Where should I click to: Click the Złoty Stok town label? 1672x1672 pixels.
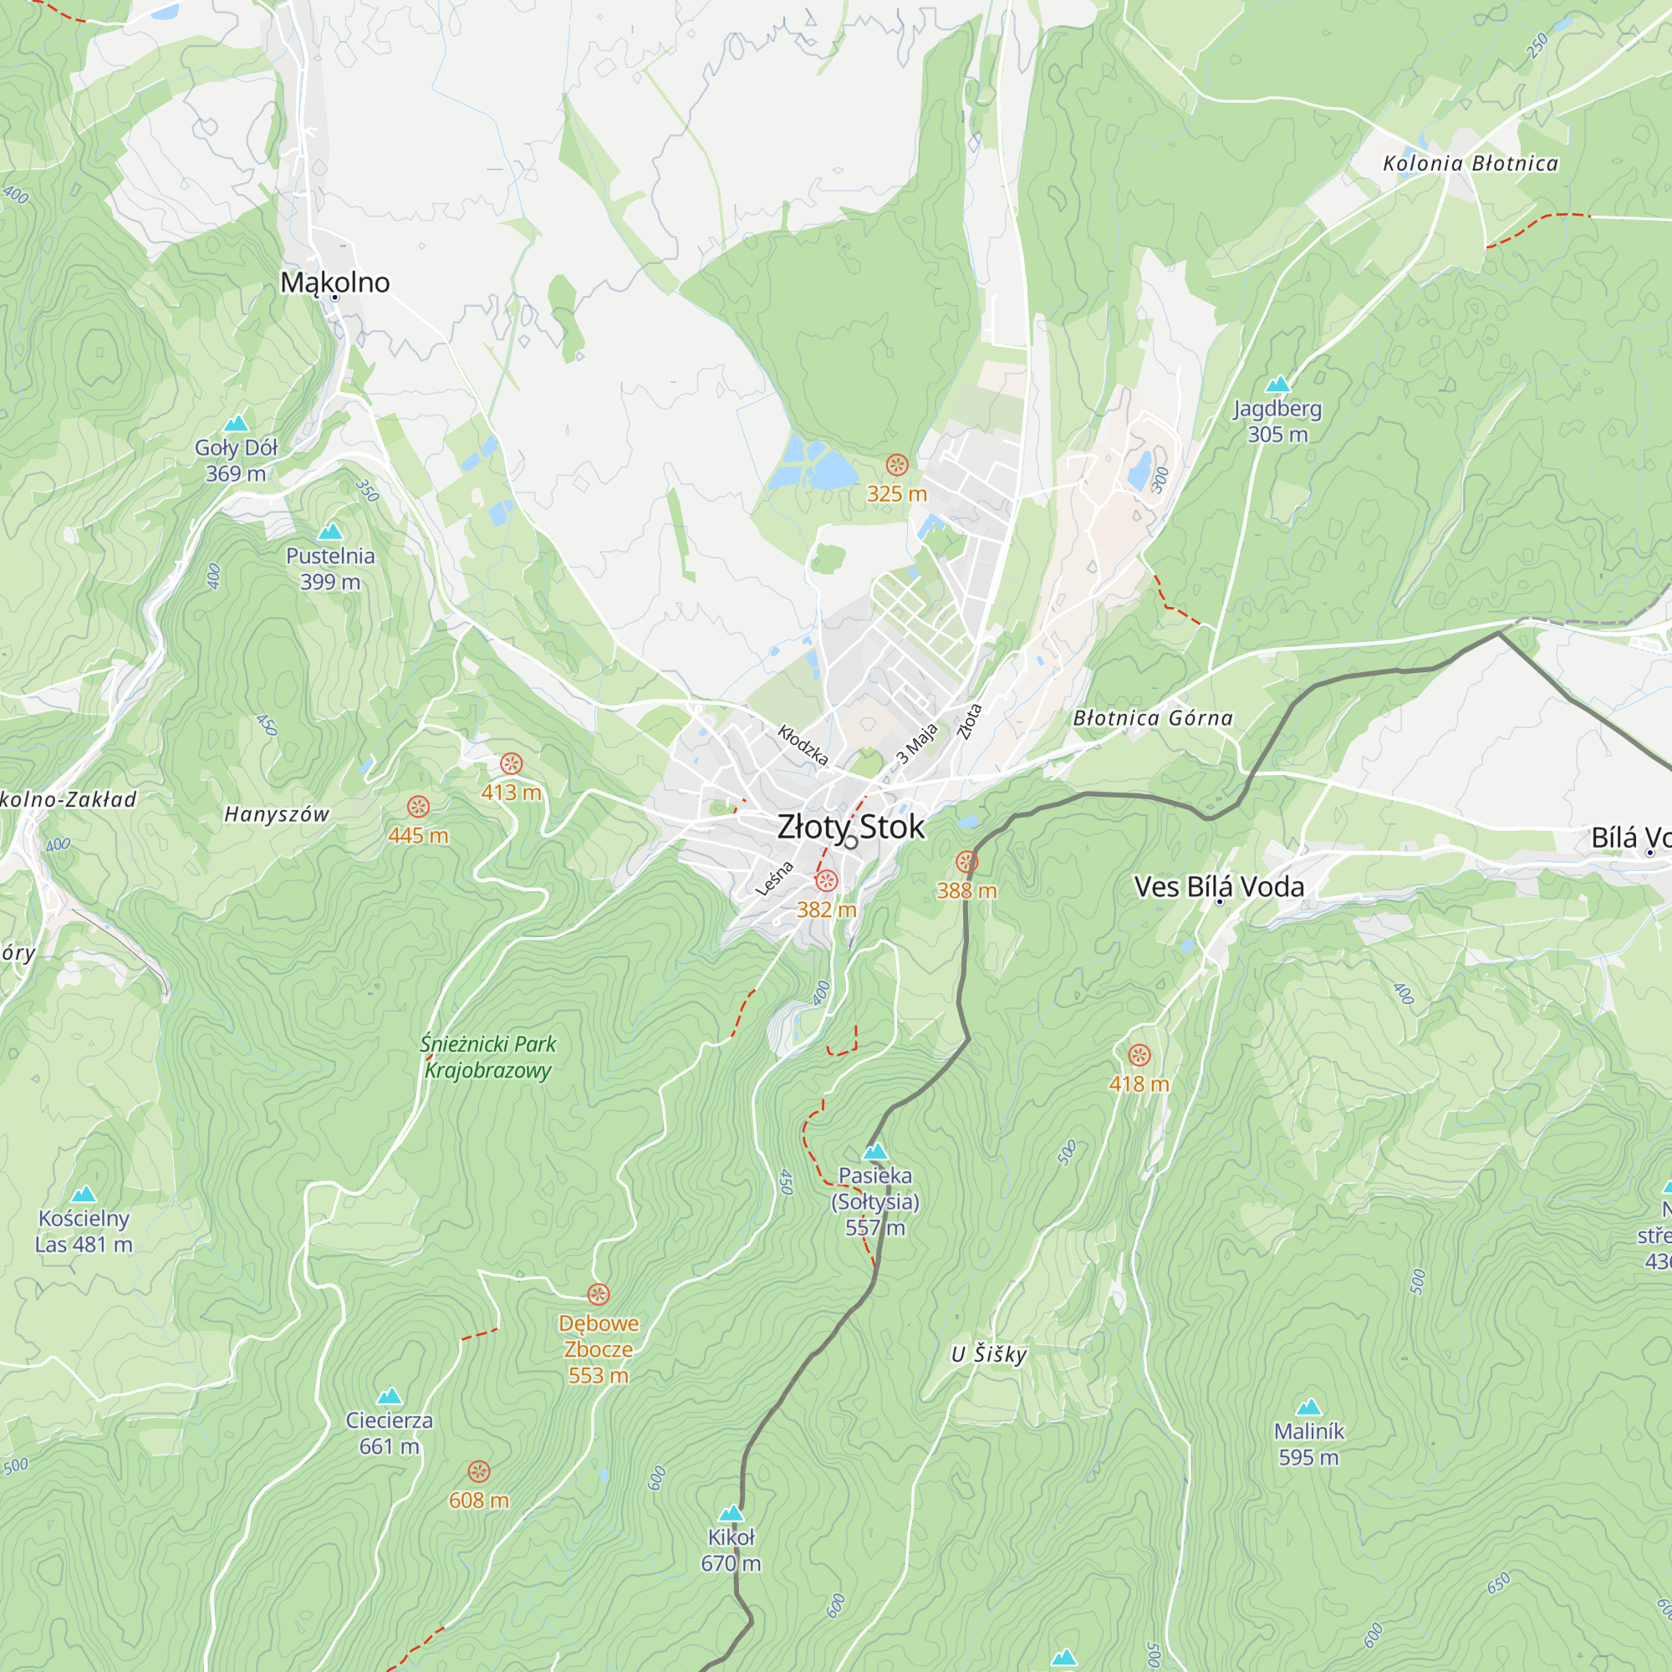pyautogui.click(x=851, y=827)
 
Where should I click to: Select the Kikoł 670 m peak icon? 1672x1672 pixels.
pyautogui.click(x=731, y=1513)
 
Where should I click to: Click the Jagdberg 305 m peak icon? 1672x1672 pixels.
pyautogui.click(x=1277, y=385)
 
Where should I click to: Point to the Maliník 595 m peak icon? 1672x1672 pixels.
pyautogui.click(x=1308, y=1407)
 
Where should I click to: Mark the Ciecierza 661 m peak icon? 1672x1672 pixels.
pyautogui.click(x=390, y=1396)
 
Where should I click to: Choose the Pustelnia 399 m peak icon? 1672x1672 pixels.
pyautogui.click(x=329, y=532)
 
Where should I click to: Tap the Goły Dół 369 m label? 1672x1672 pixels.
pyautogui.click(x=236, y=461)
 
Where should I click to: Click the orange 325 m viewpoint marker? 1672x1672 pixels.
pyautogui.click(x=896, y=466)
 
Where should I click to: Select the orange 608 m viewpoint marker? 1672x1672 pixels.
pyautogui.click(x=478, y=1471)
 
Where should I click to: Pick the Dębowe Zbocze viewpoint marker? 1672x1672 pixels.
pyautogui.click(x=598, y=1295)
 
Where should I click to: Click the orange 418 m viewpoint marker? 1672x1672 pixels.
pyautogui.click(x=1139, y=1055)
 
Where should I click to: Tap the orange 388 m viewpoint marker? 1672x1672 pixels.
pyautogui.click(x=966, y=862)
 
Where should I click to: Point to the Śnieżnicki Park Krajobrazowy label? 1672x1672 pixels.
pyautogui.click(x=488, y=1057)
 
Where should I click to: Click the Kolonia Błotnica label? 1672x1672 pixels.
pyautogui.click(x=1470, y=164)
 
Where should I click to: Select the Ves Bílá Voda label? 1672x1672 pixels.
pyautogui.click(x=1219, y=886)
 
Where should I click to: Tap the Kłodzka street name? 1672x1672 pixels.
pyautogui.click(x=803, y=746)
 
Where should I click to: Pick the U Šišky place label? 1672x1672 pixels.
pyautogui.click(x=988, y=1354)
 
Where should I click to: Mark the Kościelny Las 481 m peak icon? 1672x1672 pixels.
pyautogui.click(x=83, y=1195)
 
